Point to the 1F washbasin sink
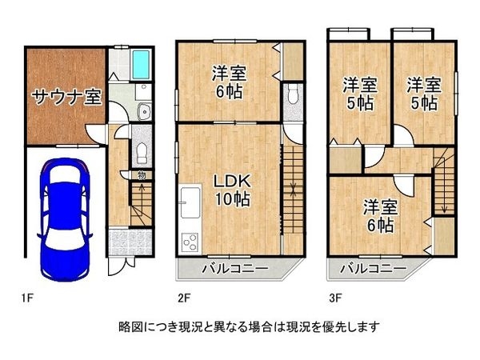(145, 111)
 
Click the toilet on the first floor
(142, 152)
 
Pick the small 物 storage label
(141, 175)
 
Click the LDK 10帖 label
(230, 189)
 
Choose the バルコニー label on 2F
(228, 268)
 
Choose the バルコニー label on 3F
(367, 268)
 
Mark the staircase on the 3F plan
(442, 184)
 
